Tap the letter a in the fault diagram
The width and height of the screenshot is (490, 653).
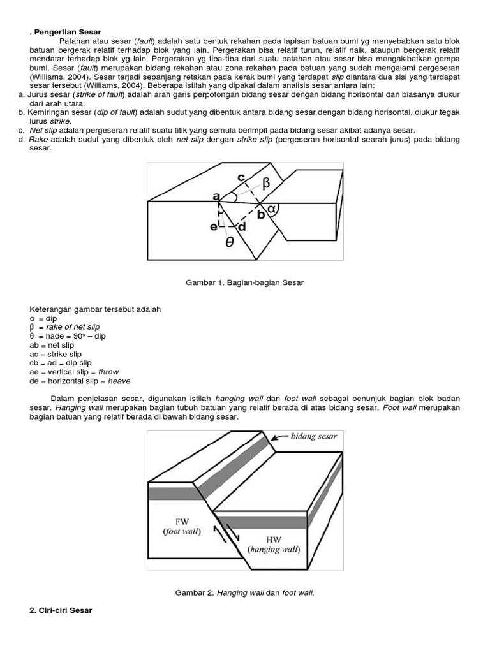click(216, 196)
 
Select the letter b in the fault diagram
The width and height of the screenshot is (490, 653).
click(260, 215)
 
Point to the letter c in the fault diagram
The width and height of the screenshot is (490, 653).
click(241, 177)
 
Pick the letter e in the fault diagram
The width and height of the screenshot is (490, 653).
click(215, 226)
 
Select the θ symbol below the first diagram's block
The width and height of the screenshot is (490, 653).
click(229, 243)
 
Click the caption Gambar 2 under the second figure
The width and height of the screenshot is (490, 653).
click(244, 592)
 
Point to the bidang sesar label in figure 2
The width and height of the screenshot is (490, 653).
click(313, 436)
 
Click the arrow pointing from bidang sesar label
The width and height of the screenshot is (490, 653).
click(279, 438)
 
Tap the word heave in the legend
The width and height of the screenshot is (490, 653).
click(119, 381)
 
